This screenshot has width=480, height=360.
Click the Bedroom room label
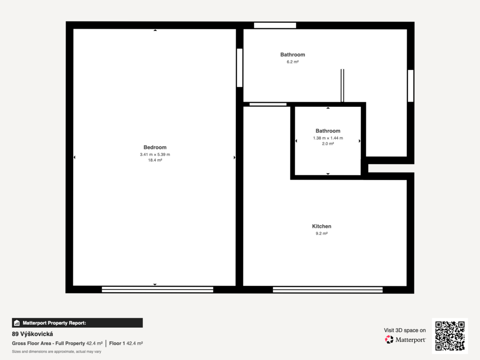click(155, 147)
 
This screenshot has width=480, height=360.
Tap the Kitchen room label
click(322, 226)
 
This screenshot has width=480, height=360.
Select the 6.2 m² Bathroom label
click(292, 55)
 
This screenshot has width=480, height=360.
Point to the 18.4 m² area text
click(155, 160)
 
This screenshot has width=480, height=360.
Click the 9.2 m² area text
click(322, 233)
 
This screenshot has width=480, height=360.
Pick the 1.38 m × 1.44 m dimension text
click(328, 138)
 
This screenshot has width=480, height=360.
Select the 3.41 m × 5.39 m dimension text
click(155, 155)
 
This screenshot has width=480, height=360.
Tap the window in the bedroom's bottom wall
click(157, 289)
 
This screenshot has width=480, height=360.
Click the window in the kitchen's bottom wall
click(328, 290)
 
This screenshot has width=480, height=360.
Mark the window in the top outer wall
click(275, 25)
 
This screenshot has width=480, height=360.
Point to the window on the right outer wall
click(411, 86)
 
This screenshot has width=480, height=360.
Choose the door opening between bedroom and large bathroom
click(240, 67)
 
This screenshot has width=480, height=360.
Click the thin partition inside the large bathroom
click(342, 85)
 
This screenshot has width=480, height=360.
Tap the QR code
click(450, 336)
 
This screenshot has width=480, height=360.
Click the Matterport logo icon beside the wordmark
click(389, 339)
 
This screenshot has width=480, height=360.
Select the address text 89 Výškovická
click(32, 334)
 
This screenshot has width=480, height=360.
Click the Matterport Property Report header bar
click(77, 323)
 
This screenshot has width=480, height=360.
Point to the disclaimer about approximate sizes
click(57, 352)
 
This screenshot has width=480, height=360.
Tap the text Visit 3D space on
click(405, 330)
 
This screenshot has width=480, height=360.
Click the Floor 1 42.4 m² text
click(126, 344)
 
